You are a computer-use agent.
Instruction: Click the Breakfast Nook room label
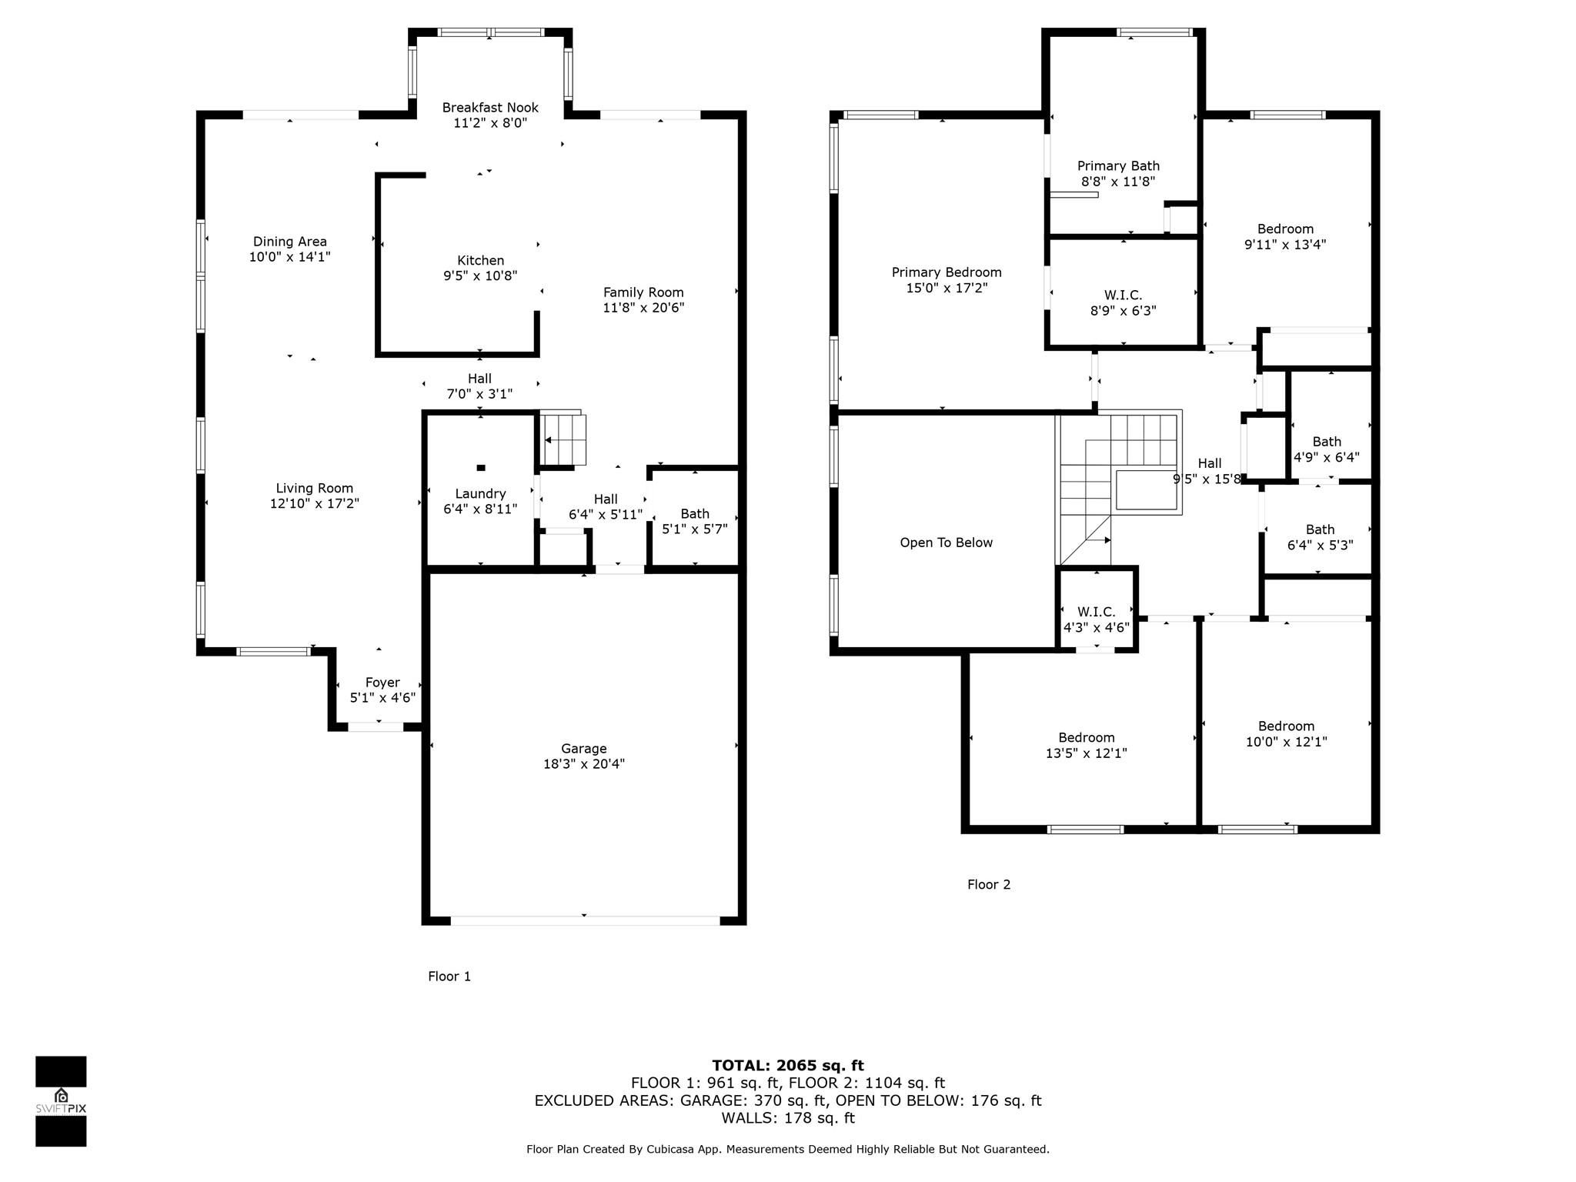point(490,108)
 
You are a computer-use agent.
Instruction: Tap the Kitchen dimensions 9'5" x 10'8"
point(480,276)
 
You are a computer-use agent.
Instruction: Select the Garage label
point(583,749)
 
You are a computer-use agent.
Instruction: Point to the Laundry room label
point(480,494)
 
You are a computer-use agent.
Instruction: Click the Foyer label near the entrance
point(382,683)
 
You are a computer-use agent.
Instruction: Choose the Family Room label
point(643,292)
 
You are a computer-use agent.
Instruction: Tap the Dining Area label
point(290,242)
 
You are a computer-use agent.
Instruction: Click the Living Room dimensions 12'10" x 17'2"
point(315,504)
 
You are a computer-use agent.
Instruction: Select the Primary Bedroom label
point(947,272)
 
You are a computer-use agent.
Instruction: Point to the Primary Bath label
point(1118,166)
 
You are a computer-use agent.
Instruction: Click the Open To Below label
point(947,543)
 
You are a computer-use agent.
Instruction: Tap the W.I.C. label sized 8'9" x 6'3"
point(1124,295)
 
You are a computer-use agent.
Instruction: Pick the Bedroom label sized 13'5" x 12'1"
point(1087,738)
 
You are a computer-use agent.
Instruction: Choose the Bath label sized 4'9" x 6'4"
point(1327,442)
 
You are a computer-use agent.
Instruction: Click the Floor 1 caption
point(449,977)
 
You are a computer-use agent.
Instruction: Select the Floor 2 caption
point(989,885)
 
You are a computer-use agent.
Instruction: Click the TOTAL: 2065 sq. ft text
point(788,1066)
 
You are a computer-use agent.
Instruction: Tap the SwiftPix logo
point(61,1101)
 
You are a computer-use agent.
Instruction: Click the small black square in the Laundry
point(481,467)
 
